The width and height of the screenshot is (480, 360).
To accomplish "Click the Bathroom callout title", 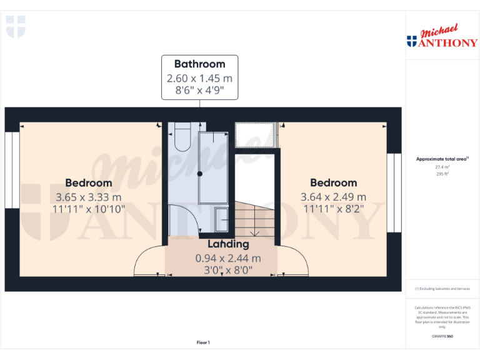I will (199, 64).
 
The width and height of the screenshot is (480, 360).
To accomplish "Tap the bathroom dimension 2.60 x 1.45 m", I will (199, 79).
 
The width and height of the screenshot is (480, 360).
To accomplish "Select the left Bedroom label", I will (89, 183).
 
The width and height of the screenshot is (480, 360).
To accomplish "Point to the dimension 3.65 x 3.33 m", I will (89, 197).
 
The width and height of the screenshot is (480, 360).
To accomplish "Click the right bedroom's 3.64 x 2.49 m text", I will (334, 197).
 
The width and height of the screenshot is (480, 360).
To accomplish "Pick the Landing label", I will (228, 244).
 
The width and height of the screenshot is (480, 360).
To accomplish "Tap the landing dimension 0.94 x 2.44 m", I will (228, 258).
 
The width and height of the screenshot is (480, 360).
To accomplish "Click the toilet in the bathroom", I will (182, 139).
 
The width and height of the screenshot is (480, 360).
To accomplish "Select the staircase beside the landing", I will (254, 219).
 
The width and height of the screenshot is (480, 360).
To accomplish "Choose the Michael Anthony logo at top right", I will (442, 37).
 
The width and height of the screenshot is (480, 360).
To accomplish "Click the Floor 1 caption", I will (203, 342).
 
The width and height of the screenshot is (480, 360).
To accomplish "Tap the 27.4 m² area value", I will (442, 167).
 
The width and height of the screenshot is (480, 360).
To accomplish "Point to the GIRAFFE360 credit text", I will (442, 336).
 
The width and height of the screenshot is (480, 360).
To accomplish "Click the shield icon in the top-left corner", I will (16, 27).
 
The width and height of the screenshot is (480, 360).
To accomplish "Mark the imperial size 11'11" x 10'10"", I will (89, 209).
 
